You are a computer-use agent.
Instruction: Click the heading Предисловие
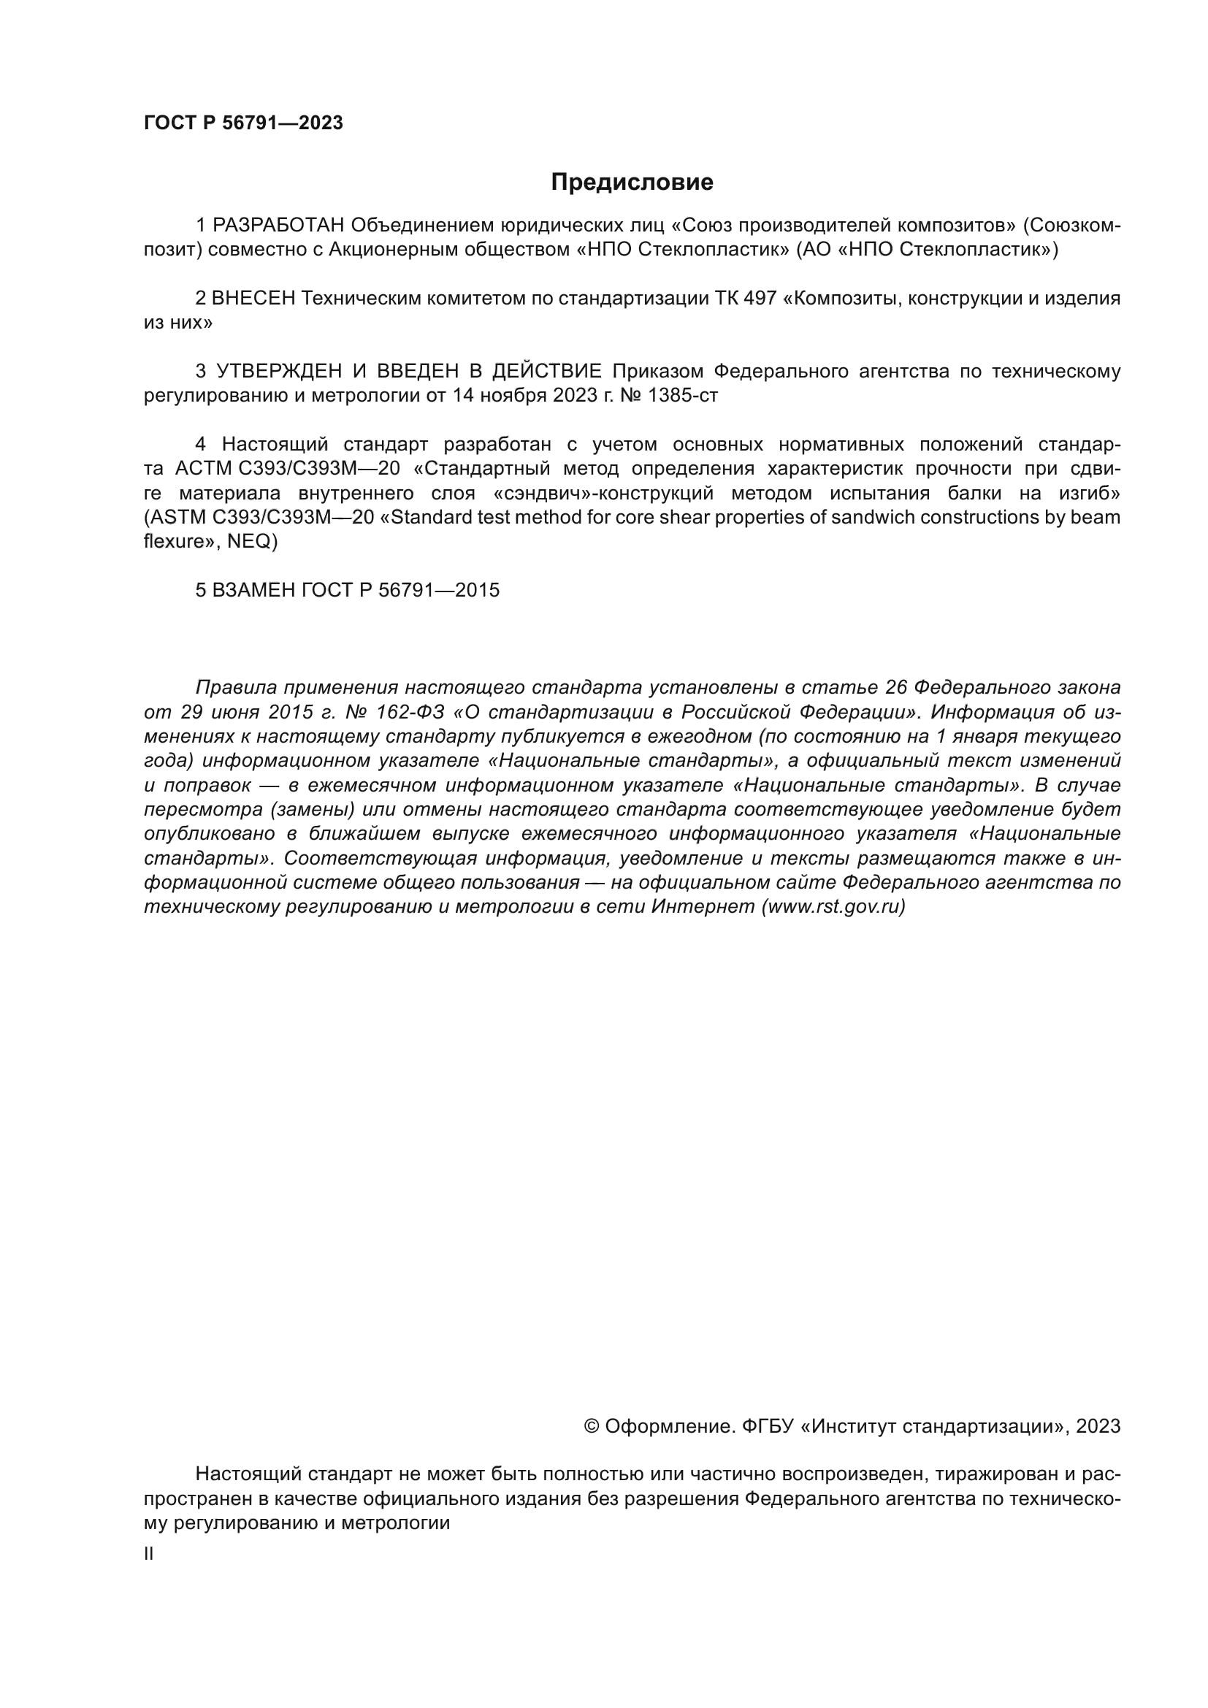(632, 183)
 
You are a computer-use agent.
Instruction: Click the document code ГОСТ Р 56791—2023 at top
(243, 123)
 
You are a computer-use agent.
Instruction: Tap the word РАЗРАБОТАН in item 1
(278, 225)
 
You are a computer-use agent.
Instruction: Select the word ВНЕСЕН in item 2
(253, 299)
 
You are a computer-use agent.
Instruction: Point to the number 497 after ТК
(760, 299)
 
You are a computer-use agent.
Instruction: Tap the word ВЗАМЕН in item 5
(253, 590)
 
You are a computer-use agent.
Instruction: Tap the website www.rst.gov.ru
(833, 907)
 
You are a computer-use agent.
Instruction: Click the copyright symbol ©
(592, 1426)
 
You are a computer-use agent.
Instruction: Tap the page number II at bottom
(149, 1554)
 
